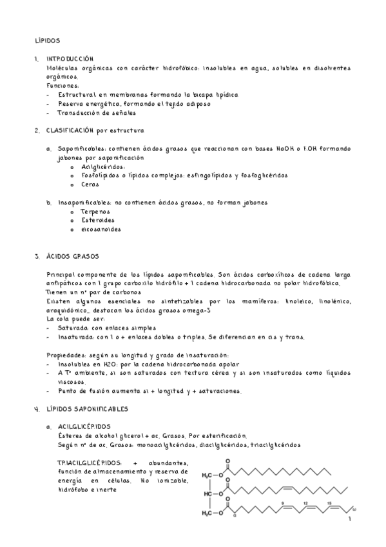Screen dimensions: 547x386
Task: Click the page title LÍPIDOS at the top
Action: point(47,40)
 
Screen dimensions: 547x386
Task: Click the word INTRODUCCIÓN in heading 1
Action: point(70,59)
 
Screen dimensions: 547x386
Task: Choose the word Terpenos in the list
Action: point(95,211)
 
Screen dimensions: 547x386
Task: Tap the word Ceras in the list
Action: point(90,184)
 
